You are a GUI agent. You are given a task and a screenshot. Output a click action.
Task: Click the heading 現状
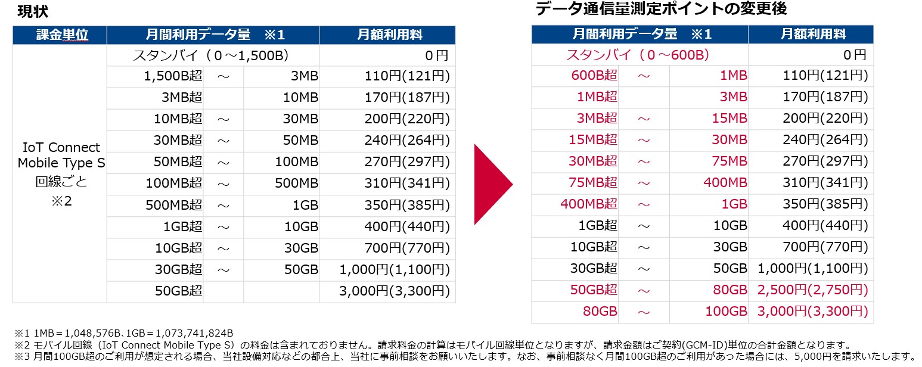[33, 11]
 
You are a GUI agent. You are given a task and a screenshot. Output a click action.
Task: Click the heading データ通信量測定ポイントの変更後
[661, 9]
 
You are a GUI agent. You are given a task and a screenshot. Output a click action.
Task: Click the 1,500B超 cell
[173, 76]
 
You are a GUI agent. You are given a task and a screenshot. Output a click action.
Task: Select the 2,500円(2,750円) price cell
[812, 290]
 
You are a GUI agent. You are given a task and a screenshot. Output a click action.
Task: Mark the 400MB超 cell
[588, 204]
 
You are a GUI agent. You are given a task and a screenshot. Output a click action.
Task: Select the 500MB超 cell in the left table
[173, 206]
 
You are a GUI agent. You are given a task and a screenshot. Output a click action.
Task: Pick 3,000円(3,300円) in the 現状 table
[394, 291]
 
